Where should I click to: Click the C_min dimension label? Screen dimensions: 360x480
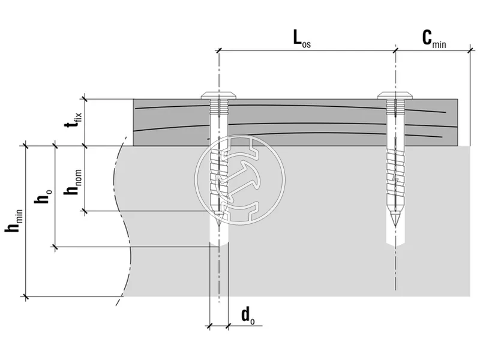(x=434, y=40)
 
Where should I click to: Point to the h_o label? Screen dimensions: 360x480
(x=44, y=196)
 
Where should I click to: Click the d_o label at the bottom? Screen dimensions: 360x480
(x=247, y=314)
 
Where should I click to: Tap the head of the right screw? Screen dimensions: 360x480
(x=395, y=95)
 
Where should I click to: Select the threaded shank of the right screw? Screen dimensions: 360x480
(x=395, y=174)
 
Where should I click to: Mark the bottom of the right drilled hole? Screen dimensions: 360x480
(x=395, y=245)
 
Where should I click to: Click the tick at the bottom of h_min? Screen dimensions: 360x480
(x=25, y=296)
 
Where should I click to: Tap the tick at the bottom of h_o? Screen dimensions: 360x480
(x=55, y=246)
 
